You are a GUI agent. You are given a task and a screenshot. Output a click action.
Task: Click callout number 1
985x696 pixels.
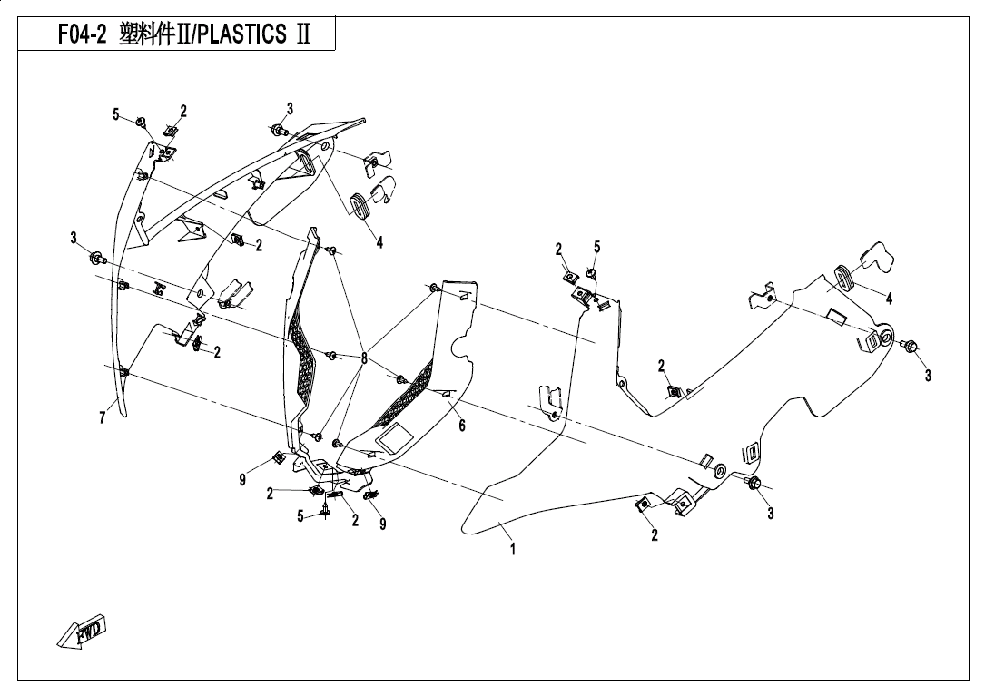(512, 549)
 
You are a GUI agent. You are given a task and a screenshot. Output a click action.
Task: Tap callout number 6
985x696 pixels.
(461, 426)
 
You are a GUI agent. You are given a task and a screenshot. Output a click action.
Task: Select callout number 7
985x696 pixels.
(103, 417)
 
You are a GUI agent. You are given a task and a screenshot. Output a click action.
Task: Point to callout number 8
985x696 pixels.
(364, 358)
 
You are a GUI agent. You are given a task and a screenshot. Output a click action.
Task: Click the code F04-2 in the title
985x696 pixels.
(83, 35)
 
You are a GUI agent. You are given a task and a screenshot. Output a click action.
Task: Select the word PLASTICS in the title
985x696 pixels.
(240, 35)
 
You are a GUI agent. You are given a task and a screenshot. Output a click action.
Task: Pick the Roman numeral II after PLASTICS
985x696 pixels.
(301, 35)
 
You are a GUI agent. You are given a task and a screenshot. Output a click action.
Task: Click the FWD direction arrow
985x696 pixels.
(82, 632)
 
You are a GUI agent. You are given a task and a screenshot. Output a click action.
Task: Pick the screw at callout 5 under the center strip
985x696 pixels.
(326, 515)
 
